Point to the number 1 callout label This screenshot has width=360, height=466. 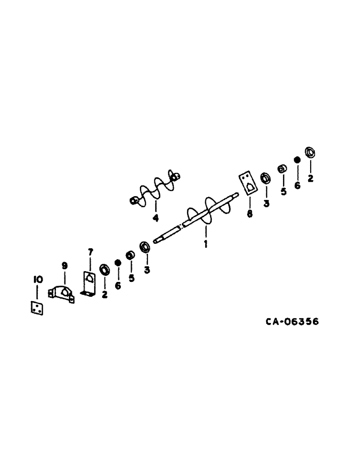(x=205, y=244)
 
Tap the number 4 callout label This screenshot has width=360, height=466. (x=155, y=218)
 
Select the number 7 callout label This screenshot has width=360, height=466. (x=91, y=252)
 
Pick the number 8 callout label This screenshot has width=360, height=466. (x=249, y=214)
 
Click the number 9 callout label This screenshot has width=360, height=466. (x=64, y=266)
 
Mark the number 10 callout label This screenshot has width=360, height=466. (x=38, y=280)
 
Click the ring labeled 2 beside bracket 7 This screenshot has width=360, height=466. (x=104, y=270)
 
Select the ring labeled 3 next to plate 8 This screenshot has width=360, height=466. (x=266, y=178)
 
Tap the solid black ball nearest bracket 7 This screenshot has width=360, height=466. (x=118, y=263)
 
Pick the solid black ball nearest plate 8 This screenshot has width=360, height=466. (x=296, y=160)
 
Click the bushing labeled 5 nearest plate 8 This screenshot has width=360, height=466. (x=282, y=169)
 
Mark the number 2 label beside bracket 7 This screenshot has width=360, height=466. (x=104, y=294)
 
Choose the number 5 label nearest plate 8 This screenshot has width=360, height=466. (x=283, y=192)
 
